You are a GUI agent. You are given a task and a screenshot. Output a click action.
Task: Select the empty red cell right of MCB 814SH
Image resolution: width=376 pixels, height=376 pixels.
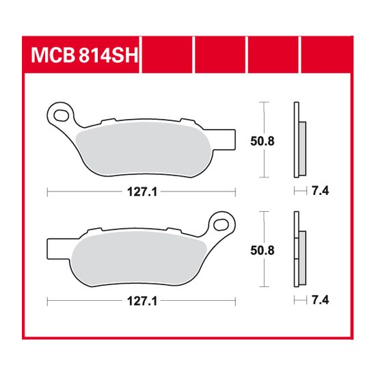tap(167, 53)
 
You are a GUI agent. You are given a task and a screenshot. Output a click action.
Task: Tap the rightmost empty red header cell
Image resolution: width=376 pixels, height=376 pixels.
tap(325, 53)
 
